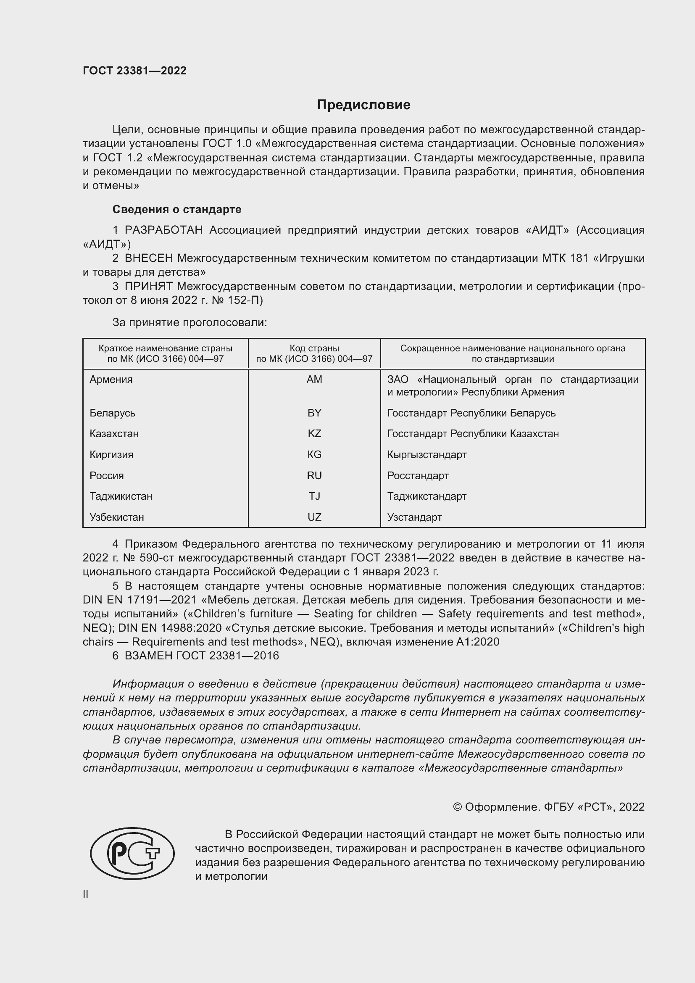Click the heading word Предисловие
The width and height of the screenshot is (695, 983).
point(363,105)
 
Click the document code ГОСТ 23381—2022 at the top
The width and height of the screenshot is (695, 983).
point(134,71)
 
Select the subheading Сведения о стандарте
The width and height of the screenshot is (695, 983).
point(177,209)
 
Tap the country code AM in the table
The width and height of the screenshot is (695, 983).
point(314,379)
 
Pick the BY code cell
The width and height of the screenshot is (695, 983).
point(314,413)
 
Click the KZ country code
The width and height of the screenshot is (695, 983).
point(314,434)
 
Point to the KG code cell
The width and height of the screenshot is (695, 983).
point(314,455)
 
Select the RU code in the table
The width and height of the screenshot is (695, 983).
point(314,476)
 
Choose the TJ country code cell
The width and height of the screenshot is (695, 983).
point(314,496)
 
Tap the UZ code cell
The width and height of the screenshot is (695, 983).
point(314,517)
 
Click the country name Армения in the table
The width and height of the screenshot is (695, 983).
point(111,379)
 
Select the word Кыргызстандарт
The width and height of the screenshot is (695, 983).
point(426,455)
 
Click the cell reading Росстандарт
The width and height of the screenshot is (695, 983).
point(418,476)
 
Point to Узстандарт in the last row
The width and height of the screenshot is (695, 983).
point(414,517)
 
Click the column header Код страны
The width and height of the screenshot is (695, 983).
point(314,348)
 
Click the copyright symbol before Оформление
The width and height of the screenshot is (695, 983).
point(457,807)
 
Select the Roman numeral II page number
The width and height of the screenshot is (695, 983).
point(86,894)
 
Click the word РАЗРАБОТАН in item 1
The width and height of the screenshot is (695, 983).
point(163,230)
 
